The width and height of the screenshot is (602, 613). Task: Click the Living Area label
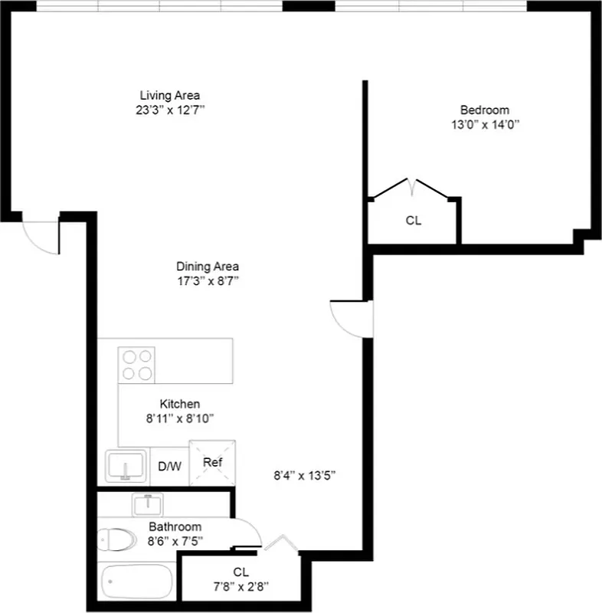pyautogui.click(x=169, y=95)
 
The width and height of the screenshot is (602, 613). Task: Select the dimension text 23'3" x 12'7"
pyautogui.click(x=169, y=110)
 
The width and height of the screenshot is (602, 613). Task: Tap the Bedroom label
pyautogui.click(x=484, y=110)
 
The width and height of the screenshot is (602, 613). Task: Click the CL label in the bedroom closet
pyautogui.click(x=414, y=221)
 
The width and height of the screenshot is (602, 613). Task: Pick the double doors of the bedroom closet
pyautogui.click(x=412, y=186)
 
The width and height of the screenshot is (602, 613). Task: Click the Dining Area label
pyautogui.click(x=208, y=266)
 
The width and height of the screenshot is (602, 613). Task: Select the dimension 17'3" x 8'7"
pyautogui.click(x=208, y=280)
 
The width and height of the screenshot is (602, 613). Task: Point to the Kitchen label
pyautogui.click(x=180, y=404)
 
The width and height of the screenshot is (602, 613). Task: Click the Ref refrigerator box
pyautogui.click(x=211, y=463)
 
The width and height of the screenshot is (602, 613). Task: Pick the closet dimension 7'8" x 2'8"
pyautogui.click(x=240, y=587)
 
